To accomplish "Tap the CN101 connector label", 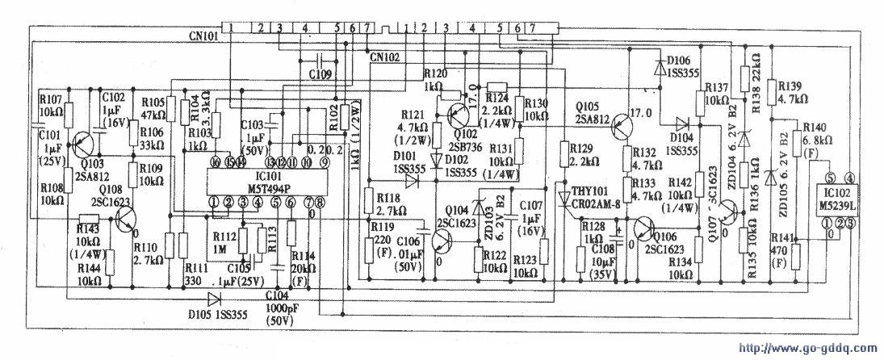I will pos(204,36).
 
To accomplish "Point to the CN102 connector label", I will pos(385,57).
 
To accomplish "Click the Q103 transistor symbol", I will pos(82,144).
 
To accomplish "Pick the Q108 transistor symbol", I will pos(126,216).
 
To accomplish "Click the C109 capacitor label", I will pos(320,74).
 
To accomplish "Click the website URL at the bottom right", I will pos(806,349).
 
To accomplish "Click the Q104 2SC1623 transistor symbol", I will pos(442,240).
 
